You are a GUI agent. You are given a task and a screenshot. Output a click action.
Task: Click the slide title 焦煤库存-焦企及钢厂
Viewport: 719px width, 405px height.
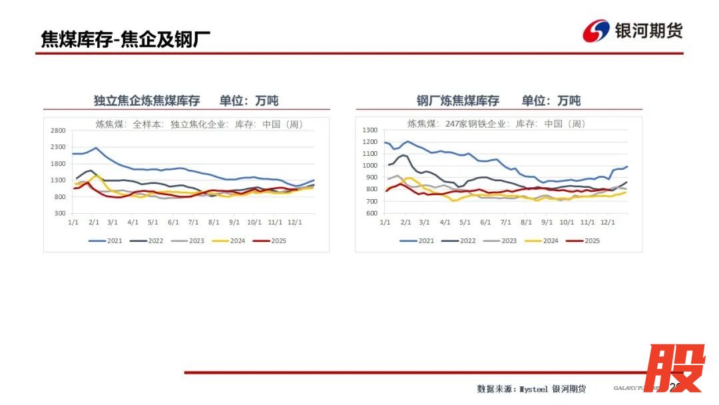pos(126,39)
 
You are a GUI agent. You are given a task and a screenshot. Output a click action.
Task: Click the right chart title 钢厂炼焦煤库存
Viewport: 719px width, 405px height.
pos(458,101)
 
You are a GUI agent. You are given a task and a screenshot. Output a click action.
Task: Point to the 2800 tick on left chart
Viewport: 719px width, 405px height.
pos(57,131)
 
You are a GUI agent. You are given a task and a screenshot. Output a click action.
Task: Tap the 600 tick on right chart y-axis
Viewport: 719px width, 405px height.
pos(372,214)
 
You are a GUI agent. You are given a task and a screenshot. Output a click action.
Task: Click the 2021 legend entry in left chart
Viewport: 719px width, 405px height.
pos(107,240)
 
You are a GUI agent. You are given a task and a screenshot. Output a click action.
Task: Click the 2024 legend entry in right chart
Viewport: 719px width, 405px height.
pos(542,240)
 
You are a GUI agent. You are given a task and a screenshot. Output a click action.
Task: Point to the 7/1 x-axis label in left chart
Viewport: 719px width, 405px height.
pos(194,222)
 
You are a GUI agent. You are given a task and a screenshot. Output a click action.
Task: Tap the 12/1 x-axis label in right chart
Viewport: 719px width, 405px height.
pos(607,222)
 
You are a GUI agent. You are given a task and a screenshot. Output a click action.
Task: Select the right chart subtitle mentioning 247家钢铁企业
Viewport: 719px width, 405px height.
pos(496,124)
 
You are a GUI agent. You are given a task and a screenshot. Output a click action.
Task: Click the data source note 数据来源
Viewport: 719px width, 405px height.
pos(531,389)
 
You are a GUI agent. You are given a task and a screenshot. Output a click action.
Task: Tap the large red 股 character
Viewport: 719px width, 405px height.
pos(674,368)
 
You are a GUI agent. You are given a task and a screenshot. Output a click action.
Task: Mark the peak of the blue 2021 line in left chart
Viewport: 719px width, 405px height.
pos(96,148)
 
